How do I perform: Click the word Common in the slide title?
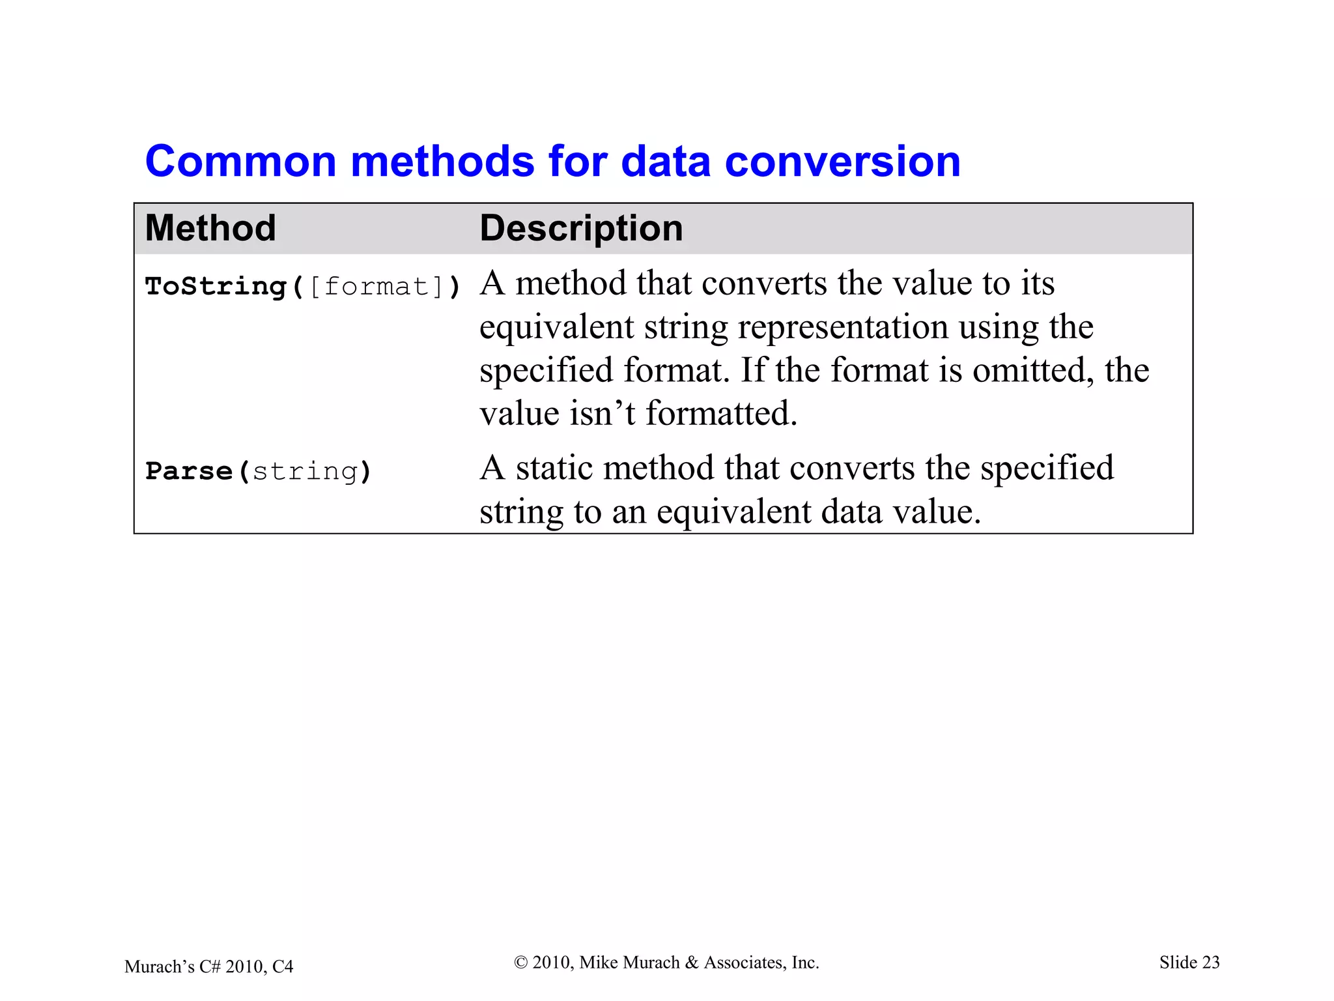(x=240, y=162)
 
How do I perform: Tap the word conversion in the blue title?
(x=842, y=162)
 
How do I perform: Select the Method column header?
(x=210, y=228)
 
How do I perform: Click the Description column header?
(x=581, y=228)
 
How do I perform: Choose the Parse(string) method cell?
(x=258, y=471)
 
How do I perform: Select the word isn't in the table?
(x=603, y=413)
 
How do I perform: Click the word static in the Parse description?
(x=554, y=468)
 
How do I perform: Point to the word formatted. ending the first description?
(x=721, y=413)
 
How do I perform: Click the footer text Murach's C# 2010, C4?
(x=208, y=966)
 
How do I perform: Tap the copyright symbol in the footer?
(x=520, y=963)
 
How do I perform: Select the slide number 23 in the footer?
(x=1210, y=963)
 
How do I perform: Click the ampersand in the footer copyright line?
(x=692, y=963)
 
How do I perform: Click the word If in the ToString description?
(x=753, y=370)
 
